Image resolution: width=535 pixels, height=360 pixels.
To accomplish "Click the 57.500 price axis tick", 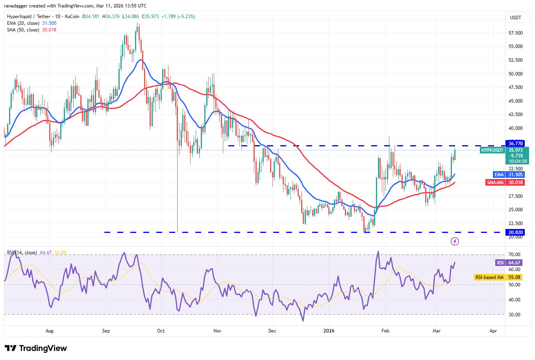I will coord(515,33).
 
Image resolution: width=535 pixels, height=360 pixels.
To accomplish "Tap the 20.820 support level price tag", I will coord(515,233).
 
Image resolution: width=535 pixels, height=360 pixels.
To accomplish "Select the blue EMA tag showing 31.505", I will coord(508,175).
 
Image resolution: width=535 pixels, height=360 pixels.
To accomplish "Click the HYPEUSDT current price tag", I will coord(492,150).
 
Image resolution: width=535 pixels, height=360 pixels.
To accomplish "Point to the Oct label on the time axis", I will coord(161,331).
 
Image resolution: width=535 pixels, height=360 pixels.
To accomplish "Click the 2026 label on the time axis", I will coord(329,331).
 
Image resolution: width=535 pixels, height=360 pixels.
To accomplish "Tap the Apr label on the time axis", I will coord(493,331).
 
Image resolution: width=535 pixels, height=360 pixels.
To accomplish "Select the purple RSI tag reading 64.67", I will coord(509,263).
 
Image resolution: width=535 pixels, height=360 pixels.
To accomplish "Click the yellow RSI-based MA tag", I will coord(498,277).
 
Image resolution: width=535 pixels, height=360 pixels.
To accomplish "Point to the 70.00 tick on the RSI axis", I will coord(514,255).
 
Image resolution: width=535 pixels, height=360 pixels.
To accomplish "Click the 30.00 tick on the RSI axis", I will coord(514,315).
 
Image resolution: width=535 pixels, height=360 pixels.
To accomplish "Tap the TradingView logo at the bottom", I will coord(36,348).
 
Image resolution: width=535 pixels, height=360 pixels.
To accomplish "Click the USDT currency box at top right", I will coord(515,17).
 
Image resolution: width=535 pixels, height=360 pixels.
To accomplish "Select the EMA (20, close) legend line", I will coord(31,23).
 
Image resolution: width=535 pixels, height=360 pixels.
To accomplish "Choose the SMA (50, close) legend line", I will coord(31,30).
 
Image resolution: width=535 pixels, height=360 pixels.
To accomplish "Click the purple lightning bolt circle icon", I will coord(455,241).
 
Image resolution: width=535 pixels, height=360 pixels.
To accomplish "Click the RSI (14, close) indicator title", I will coord(22,253).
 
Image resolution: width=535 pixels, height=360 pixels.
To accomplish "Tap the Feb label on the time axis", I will coord(385,331).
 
